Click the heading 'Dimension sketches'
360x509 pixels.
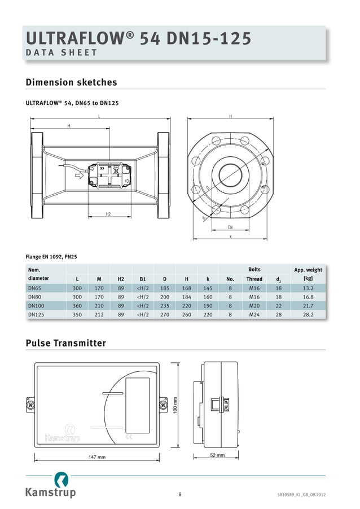click(72, 82)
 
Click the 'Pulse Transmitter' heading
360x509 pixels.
click(66, 343)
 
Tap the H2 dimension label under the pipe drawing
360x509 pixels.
click(108, 214)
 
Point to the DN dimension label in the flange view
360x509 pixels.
click(230, 227)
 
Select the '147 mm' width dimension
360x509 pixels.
click(96, 457)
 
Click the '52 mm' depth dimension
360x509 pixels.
click(217, 455)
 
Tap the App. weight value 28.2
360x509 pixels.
click(308, 314)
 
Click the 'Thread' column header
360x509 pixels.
click(254, 279)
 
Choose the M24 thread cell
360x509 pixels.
click(254, 314)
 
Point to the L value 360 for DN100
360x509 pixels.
click(77, 305)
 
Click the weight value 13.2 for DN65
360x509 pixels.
click(308, 288)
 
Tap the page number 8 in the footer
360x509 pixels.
click(180, 495)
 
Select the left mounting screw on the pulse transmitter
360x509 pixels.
click(30, 404)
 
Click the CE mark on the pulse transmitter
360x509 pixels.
click(129, 436)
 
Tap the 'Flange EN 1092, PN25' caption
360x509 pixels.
click(51, 257)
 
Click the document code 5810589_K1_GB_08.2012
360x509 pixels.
click(301, 495)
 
